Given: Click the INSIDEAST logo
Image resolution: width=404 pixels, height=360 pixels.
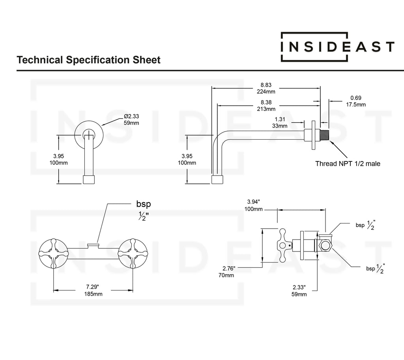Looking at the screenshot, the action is [337, 47].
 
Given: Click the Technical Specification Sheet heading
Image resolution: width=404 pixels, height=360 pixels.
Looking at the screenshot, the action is [88, 60].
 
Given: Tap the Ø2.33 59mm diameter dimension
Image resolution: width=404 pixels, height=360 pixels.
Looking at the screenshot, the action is [131, 120].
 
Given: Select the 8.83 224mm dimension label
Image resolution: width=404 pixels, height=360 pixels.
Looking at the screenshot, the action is [266, 88].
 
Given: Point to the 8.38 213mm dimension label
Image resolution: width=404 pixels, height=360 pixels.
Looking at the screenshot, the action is [266, 105].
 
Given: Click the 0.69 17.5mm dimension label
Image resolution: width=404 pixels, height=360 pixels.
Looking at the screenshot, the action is [356, 101].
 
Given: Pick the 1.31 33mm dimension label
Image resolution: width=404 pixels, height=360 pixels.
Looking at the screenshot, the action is [280, 123].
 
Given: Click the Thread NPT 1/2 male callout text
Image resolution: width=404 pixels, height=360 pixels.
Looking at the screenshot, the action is [348, 163].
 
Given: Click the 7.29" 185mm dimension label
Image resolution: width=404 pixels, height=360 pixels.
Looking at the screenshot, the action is [93, 291].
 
